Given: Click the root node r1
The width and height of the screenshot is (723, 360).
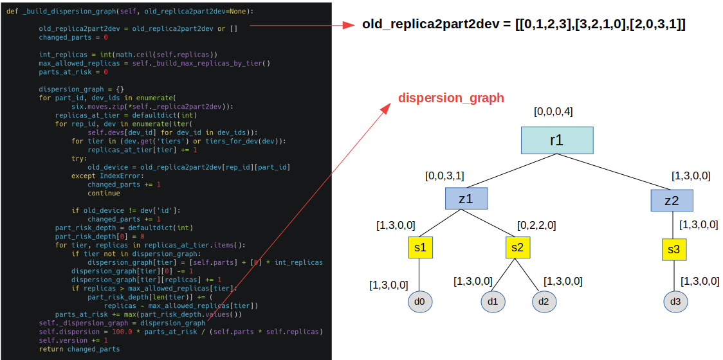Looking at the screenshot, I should click(x=556, y=140).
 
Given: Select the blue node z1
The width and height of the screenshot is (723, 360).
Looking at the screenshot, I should click(x=466, y=199).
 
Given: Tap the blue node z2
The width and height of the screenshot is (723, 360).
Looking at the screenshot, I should click(x=672, y=201).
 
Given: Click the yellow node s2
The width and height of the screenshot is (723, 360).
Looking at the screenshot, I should click(x=518, y=248).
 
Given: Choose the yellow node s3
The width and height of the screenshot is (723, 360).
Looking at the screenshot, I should click(x=673, y=249).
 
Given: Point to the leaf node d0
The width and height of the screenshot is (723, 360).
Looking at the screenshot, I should click(x=419, y=301).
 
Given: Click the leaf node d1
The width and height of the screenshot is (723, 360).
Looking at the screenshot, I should click(x=493, y=301).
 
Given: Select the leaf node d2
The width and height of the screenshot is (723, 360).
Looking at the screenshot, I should click(x=544, y=301).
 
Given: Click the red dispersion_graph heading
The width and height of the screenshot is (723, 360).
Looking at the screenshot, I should click(x=451, y=98).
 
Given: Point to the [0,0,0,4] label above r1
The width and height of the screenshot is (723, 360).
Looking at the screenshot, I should click(x=553, y=112).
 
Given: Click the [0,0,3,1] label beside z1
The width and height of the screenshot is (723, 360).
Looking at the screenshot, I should click(x=444, y=175).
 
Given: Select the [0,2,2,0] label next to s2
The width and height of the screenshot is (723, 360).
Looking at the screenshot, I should click(x=536, y=226).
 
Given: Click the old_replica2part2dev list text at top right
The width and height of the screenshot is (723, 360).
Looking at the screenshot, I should click(x=524, y=25).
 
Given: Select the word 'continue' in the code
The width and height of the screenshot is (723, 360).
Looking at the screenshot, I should click(x=104, y=193).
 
